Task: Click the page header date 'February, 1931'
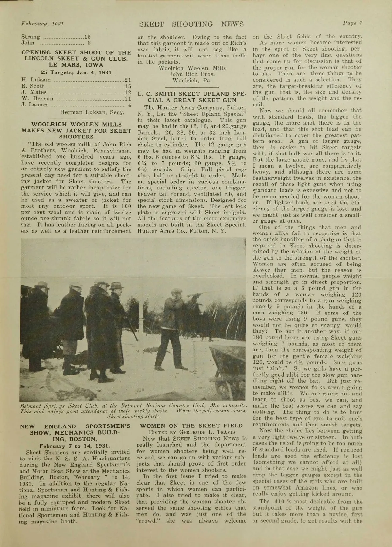[x=42, y=24]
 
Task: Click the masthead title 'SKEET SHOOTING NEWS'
[x=191, y=24]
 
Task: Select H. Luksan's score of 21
[x=128, y=79]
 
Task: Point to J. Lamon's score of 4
[x=129, y=105]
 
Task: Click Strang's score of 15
[x=88, y=37]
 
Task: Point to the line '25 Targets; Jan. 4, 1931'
[x=76, y=72]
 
